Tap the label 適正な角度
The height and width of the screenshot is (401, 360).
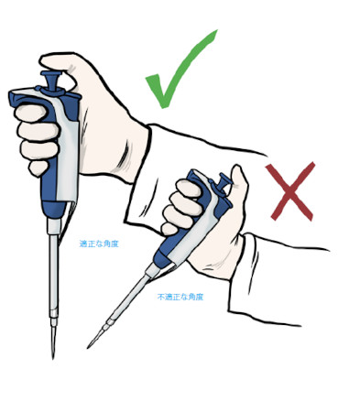tap(100, 244)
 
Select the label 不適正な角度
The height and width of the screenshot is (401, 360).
tap(180, 297)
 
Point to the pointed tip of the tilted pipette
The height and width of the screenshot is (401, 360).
tap(89, 347)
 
